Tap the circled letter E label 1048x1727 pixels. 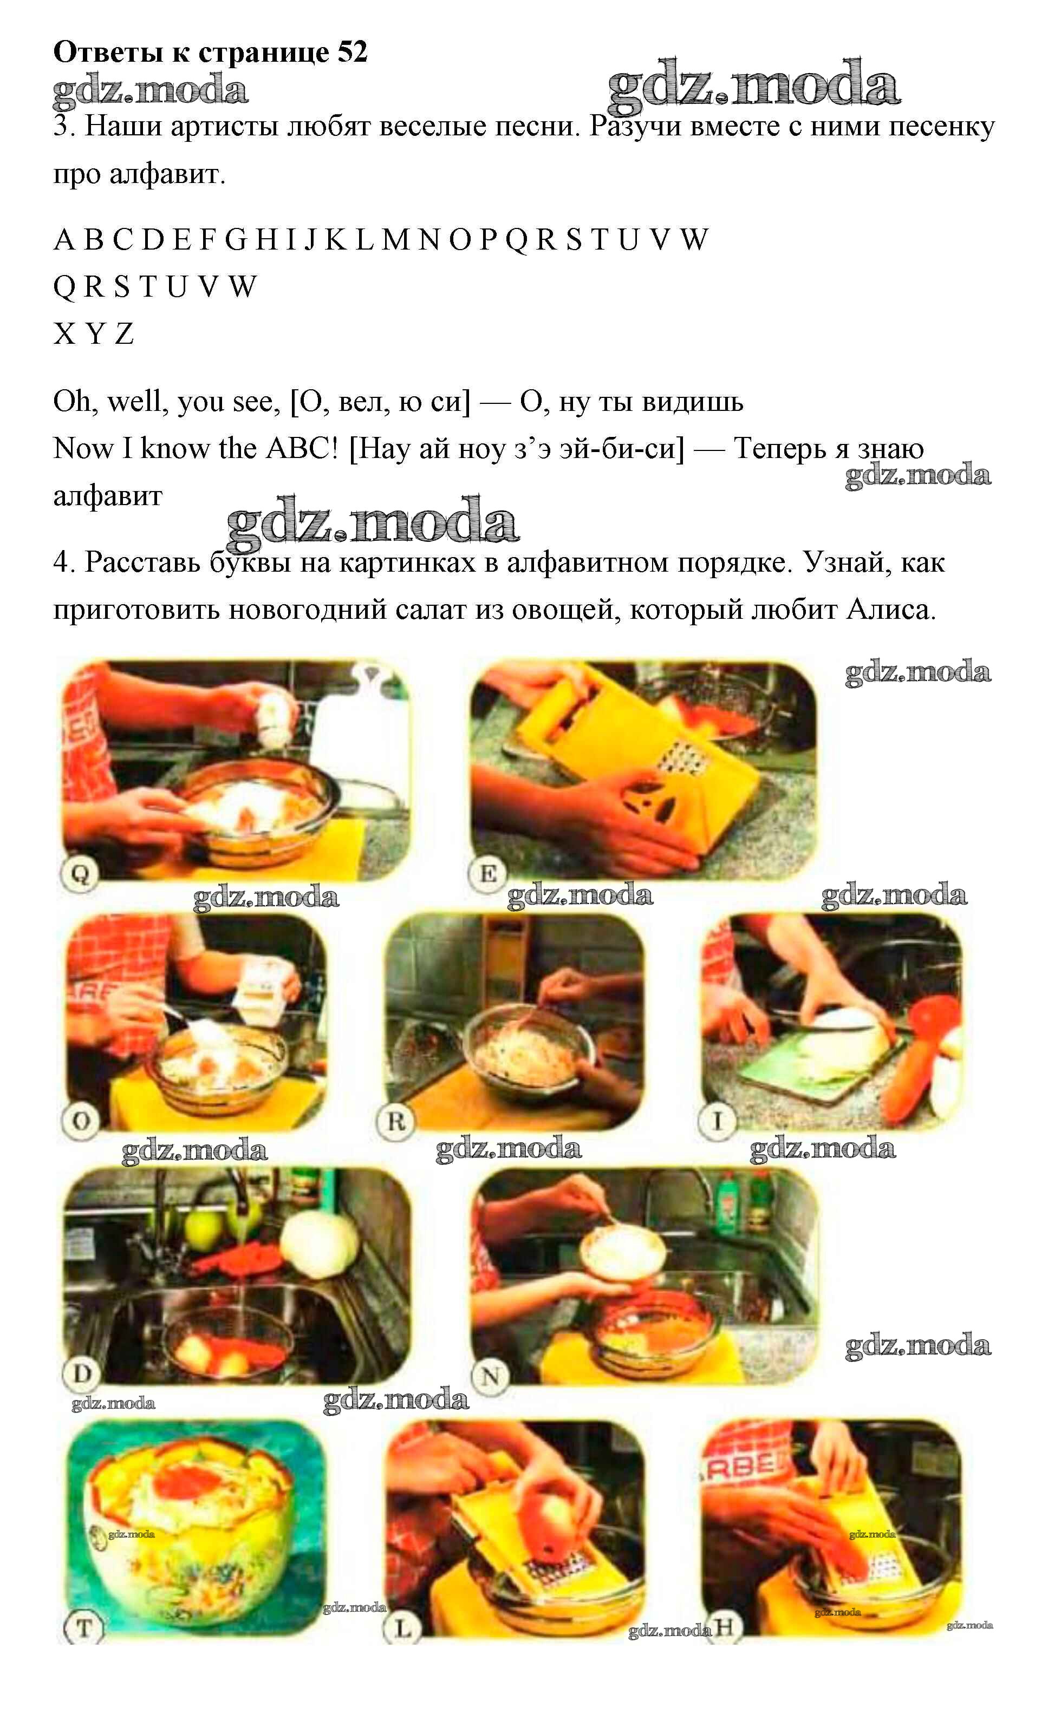coord(488,874)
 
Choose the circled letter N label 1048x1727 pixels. coord(491,1377)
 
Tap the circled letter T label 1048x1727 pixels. coord(83,1627)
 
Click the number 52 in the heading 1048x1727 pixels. coord(352,53)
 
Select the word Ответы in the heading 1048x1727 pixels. coord(107,53)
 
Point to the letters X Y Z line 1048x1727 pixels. coord(93,333)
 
